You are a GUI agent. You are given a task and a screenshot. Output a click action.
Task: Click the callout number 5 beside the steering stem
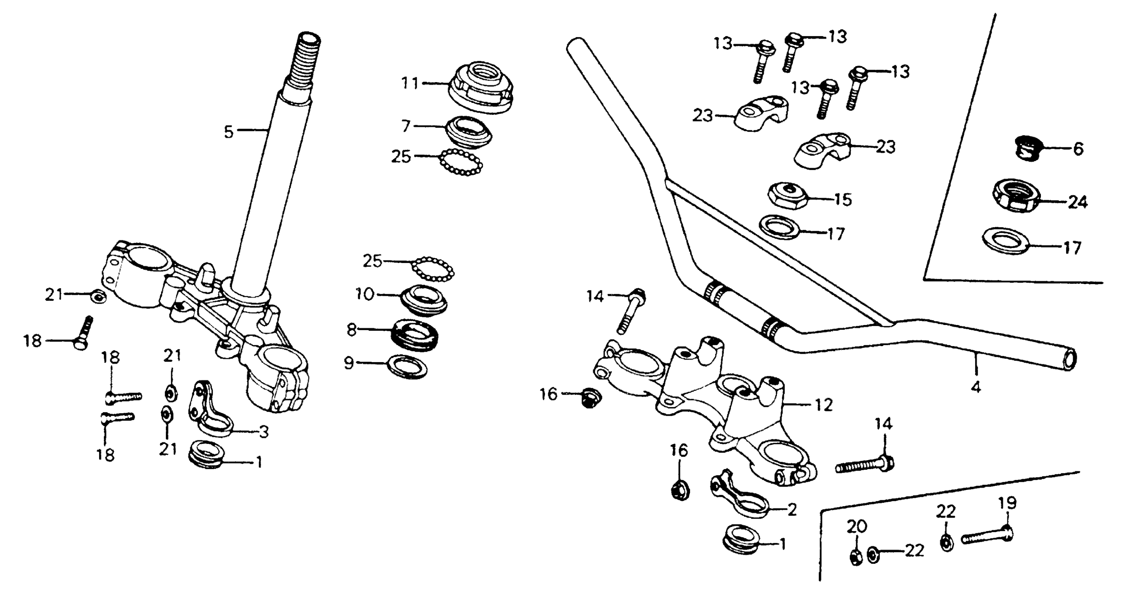point(229,132)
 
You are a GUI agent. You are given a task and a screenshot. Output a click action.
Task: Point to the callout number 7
point(406,126)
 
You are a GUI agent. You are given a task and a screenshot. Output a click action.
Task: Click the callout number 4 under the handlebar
point(976,387)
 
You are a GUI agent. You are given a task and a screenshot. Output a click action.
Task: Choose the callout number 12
point(823,405)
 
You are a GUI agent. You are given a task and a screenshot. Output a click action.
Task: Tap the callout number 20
point(857,527)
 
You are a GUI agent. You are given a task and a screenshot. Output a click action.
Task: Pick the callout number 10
point(365,295)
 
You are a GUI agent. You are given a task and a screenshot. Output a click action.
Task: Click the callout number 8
point(352,330)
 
